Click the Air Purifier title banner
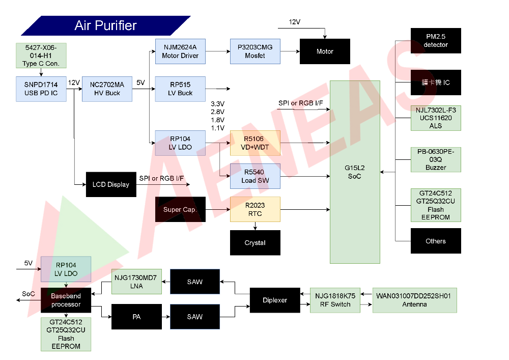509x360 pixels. click(106, 25)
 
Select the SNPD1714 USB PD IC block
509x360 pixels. click(41, 89)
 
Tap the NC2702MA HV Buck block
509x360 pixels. click(107, 89)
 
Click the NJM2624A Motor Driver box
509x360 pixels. click(180, 51)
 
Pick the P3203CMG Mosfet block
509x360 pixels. click(255, 51)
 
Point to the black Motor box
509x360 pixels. click(325, 51)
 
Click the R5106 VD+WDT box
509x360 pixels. click(255, 143)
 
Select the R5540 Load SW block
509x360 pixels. click(255, 176)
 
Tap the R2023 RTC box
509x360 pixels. click(255, 209)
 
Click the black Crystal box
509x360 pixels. click(255, 243)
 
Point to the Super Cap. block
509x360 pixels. click(180, 209)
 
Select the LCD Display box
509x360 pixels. click(111, 184)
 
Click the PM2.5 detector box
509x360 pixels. click(436, 41)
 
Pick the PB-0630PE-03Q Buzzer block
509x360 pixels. click(436, 159)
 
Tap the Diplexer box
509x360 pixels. click(275, 300)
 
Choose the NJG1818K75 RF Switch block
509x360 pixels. click(335, 300)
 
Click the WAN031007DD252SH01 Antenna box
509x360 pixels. click(415, 300)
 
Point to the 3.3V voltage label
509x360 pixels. click(217, 104)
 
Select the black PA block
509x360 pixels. click(136, 317)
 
